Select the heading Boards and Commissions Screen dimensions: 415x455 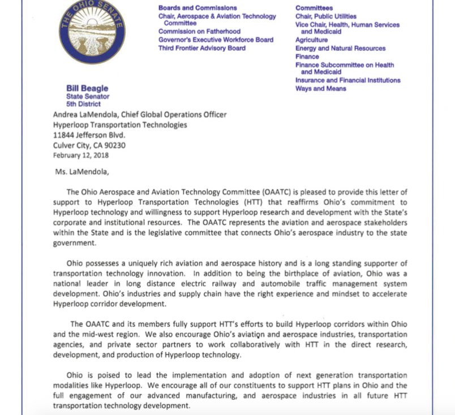(198, 8)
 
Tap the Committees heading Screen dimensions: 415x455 (314, 8)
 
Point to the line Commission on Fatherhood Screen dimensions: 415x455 (199, 32)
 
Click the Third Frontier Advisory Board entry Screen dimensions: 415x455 (202, 48)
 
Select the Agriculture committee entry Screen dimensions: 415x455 (311, 41)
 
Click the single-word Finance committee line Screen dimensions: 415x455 (307, 57)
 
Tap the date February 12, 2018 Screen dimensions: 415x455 (81, 155)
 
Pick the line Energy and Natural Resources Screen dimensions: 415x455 (340, 49)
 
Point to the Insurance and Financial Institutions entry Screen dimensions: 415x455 (347, 80)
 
